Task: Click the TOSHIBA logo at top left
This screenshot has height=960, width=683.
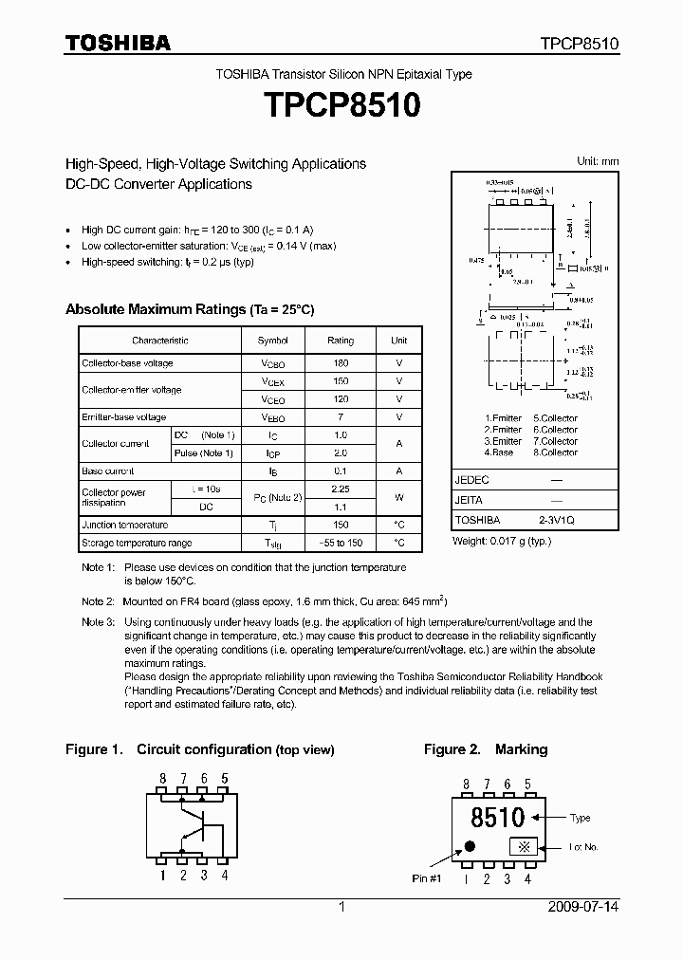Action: [x=118, y=43]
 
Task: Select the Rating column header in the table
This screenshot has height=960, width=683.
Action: [x=341, y=341]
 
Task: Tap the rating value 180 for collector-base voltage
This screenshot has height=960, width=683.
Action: [x=341, y=363]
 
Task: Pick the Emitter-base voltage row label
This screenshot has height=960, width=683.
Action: [x=124, y=417]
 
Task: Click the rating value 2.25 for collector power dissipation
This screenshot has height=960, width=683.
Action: [x=341, y=489]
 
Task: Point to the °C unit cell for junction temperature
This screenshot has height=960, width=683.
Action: [x=399, y=525]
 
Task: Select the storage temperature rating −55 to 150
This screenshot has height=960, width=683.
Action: [x=341, y=544]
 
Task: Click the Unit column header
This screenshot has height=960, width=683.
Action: [x=399, y=341]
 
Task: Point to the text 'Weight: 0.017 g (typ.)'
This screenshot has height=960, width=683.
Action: [x=501, y=540]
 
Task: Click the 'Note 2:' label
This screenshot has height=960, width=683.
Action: [x=98, y=601]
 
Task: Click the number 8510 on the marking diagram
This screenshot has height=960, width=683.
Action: [x=497, y=817]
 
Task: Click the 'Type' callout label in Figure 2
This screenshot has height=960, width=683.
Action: [x=581, y=818]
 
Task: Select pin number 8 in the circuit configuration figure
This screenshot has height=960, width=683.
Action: [x=162, y=779]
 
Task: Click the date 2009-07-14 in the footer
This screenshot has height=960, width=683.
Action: [x=583, y=908]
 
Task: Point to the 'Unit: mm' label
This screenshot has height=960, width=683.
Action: [x=598, y=162]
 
